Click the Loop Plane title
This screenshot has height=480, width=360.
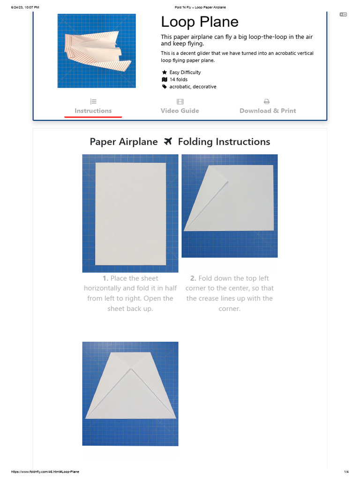200,22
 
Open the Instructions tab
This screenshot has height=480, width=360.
93,111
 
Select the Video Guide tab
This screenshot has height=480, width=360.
180,111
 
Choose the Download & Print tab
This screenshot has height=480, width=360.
268,111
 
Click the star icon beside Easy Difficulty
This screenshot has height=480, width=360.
165,73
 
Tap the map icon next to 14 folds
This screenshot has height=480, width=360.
165,80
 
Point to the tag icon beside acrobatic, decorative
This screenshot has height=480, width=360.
165,87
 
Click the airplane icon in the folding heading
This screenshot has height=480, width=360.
168,142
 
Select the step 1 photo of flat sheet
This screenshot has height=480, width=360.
130,213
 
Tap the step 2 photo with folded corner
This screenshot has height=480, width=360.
230,206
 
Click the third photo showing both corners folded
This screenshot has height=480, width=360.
130,394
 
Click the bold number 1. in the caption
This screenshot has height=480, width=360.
105,278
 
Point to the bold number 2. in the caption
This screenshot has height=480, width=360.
194,278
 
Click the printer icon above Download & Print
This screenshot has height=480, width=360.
267,101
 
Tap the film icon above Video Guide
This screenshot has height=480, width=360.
180,101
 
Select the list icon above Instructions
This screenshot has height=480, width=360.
93,101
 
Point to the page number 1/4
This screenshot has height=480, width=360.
346,472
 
